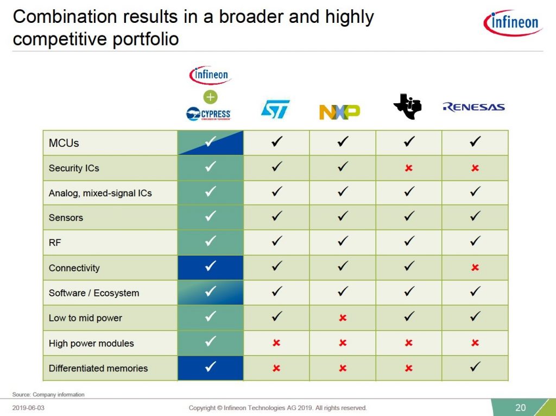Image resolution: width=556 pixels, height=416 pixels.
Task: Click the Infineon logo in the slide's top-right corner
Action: click(x=513, y=23)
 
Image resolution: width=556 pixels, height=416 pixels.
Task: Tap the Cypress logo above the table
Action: click(x=208, y=114)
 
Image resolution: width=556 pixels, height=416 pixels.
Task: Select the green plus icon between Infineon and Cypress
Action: click(x=210, y=97)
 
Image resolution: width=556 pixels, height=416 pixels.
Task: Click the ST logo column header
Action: click(x=275, y=109)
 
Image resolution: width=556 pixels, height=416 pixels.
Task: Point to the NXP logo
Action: click(x=340, y=112)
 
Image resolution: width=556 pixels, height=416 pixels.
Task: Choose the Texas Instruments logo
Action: click(x=407, y=106)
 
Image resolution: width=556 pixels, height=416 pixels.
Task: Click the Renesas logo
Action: click(x=473, y=107)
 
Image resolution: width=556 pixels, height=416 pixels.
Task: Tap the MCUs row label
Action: click(x=64, y=143)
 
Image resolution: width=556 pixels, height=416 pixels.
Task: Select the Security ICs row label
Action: click(x=74, y=168)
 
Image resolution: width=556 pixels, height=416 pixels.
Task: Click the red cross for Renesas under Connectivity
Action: click(x=475, y=268)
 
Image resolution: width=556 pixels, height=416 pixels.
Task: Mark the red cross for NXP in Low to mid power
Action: click(x=343, y=318)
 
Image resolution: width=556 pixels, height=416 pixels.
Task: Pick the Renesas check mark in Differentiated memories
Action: click(x=475, y=367)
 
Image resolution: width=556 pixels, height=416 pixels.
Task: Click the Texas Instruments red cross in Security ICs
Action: click(x=408, y=167)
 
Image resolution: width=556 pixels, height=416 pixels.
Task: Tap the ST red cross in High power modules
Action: click(x=276, y=343)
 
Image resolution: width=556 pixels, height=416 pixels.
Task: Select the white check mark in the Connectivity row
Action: click(x=210, y=266)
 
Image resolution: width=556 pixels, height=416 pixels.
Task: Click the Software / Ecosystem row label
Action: click(x=94, y=293)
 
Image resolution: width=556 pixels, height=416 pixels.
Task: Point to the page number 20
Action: click(x=521, y=407)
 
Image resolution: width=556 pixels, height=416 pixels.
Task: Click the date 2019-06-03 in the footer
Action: click(x=28, y=408)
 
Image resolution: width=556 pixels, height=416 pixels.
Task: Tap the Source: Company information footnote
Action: click(x=48, y=394)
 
